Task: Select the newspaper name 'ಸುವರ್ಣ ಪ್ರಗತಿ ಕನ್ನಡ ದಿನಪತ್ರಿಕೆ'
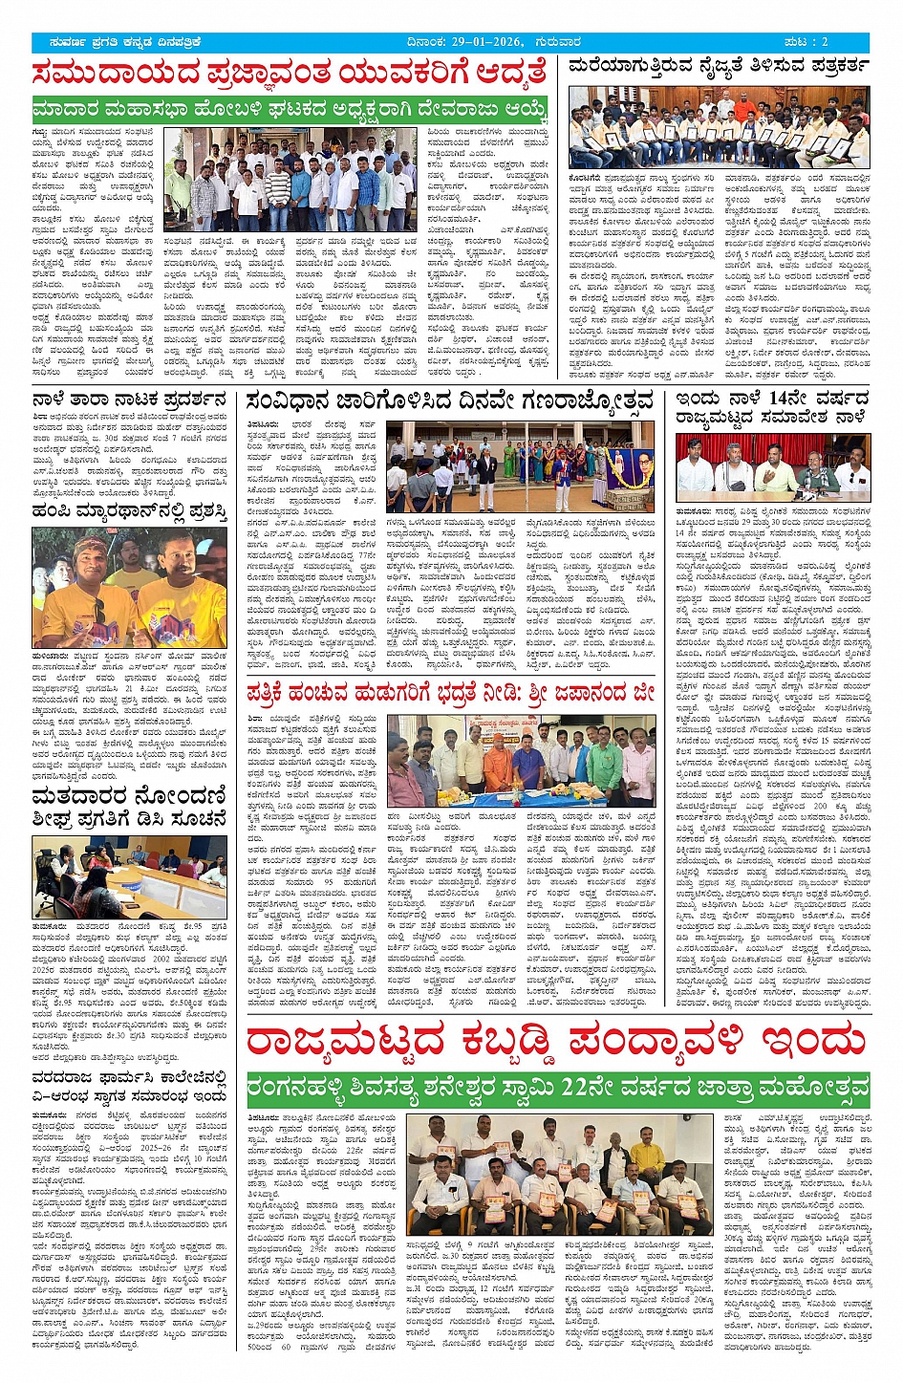click(x=120, y=42)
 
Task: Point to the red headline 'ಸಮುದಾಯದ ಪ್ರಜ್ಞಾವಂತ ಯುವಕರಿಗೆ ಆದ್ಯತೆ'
click(x=290, y=73)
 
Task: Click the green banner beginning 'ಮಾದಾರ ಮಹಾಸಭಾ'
click(x=290, y=109)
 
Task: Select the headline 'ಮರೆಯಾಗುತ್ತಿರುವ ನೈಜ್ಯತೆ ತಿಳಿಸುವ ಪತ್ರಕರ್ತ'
click(x=719, y=67)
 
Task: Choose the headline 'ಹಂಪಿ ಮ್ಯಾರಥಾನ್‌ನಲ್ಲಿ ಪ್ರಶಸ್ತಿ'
click(x=129, y=513)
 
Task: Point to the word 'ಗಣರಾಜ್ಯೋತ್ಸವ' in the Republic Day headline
click(x=588, y=401)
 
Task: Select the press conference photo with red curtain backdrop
click(x=772, y=465)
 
